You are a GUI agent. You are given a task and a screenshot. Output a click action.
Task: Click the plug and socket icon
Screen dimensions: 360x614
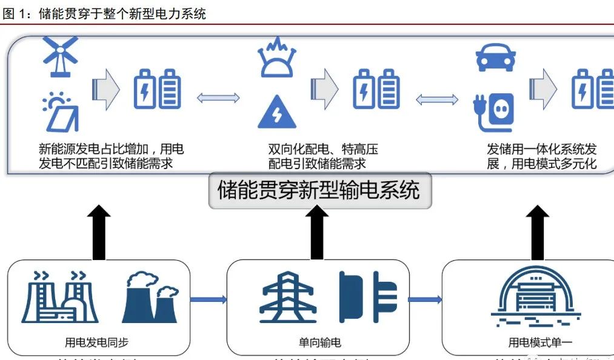(493, 112)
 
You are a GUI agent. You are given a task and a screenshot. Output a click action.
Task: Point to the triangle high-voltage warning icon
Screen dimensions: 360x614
(277, 112)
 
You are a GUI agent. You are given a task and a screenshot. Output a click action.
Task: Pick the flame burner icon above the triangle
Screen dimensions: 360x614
(276, 57)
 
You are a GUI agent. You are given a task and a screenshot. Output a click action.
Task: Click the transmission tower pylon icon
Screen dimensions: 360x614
(288, 297)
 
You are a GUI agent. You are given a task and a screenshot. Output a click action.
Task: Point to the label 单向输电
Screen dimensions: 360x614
(317, 342)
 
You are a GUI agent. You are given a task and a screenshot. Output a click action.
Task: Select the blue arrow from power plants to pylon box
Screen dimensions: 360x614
(209, 299)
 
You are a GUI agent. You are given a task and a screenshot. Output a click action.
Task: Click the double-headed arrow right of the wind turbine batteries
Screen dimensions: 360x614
(218, 98)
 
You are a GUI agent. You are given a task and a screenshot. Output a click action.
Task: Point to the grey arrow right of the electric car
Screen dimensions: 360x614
(542, 88)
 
